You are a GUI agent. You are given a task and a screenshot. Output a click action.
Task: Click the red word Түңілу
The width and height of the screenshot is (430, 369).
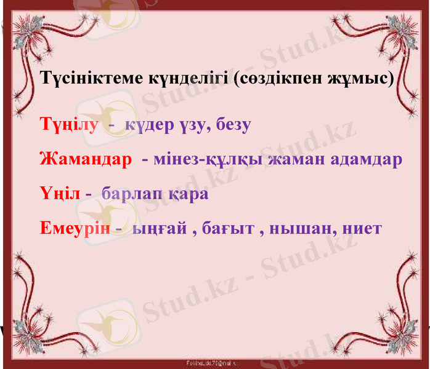tap(68, 125)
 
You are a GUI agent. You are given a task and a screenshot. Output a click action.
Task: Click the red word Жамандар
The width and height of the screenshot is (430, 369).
tap(85, 160)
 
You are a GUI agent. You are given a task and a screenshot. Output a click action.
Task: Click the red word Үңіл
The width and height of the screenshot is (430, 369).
tap(60, 194)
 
